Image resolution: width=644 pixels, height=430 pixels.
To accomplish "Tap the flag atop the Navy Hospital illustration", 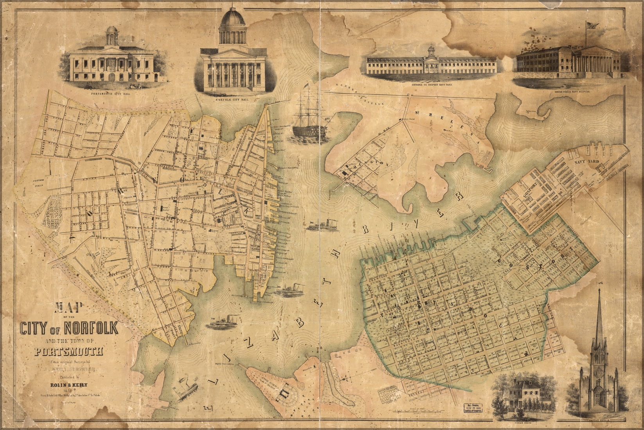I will (x=592, y=26).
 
